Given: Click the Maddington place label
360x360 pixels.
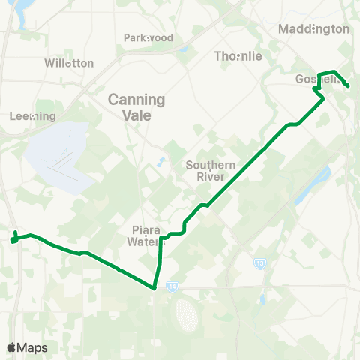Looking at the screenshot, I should pyautogui.click(x=313, y=29).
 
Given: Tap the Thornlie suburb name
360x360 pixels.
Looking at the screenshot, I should pyautogui.click(x=238, y=56).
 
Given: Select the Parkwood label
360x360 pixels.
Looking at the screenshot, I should pyautogui.click(x=148, y=37).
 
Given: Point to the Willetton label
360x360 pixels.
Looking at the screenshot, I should pyautogui.click(x=69, y=63).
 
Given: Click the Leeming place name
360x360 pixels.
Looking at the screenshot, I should pyautogui.click(x=33, y=116).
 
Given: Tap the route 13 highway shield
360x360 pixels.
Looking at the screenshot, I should pyautogui.click(x=260, y=263).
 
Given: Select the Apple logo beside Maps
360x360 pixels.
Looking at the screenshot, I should pyautogui.click(x=11, y=347).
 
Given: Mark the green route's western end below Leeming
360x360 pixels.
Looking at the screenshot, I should pyautogui.click(x=13, y=239).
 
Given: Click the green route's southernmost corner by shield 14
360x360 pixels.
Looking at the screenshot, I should pyautogui.click(x=154, y=287).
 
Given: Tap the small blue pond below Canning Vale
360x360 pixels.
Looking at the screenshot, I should pyautogui.click(x=159, y=162).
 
